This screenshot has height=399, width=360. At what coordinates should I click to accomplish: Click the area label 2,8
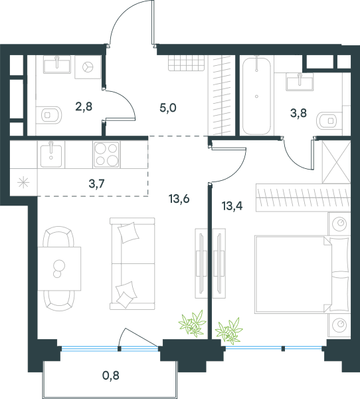pos(84,106)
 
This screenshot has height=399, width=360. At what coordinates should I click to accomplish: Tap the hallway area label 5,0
pos(168,108)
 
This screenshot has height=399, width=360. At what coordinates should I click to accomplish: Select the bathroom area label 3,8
pos(298,113)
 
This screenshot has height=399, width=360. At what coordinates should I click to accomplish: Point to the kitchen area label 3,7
pos(96,184)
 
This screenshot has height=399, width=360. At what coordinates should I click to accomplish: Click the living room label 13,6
pos(179,199)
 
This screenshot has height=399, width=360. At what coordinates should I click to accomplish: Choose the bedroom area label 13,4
pos(232,206)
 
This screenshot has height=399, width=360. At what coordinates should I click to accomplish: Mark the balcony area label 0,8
pos(111,375)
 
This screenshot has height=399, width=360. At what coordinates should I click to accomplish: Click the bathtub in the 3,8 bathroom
pos(256,96)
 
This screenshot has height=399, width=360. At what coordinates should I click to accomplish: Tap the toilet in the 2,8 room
pos(48,115)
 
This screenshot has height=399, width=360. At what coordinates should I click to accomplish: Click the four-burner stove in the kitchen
pos(106,154)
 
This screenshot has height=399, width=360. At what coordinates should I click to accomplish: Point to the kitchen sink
pos(51,155)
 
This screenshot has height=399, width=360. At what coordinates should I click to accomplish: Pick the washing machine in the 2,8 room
pos(88,67)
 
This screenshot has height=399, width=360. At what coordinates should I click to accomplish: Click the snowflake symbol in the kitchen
pos(23,183)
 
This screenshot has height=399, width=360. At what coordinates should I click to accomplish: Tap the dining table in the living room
pos(59,269)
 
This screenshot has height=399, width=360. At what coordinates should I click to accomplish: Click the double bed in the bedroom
pos(302,274)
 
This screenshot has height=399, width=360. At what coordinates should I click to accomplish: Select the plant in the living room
pos(193,323)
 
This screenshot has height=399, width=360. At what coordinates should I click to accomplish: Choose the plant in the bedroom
pos(229,331)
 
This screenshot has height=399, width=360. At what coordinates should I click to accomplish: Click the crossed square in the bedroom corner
pos(336,162)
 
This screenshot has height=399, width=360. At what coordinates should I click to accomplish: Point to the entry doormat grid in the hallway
pos(187,63)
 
